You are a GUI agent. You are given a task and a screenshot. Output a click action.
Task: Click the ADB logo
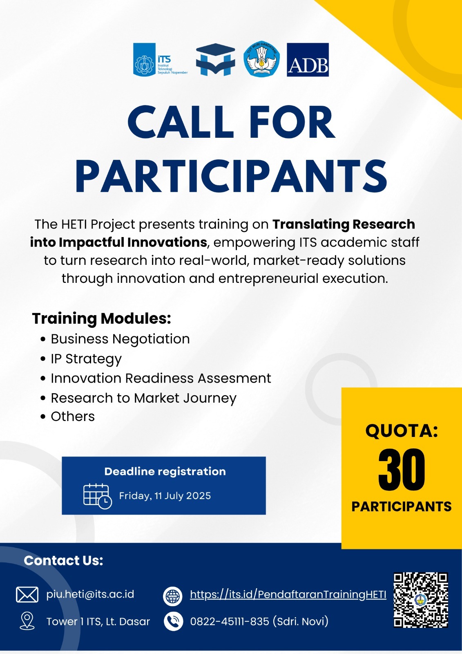308,60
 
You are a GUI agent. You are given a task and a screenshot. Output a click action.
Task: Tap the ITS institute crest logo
161,60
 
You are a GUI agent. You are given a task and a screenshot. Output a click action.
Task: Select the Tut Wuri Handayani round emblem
261,59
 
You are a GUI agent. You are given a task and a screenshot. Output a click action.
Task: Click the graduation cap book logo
215,60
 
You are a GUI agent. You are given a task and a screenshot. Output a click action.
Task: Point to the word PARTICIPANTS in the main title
231,176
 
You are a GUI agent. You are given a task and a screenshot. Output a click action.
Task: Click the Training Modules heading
101,318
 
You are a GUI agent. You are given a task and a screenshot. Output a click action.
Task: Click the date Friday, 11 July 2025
165,496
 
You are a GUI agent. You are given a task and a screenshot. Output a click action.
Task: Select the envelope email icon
27,594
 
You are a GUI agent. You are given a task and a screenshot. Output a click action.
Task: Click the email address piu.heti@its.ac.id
90,594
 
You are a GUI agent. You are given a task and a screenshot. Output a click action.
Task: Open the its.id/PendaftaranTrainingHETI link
288,594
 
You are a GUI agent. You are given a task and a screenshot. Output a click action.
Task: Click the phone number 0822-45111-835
230,621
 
